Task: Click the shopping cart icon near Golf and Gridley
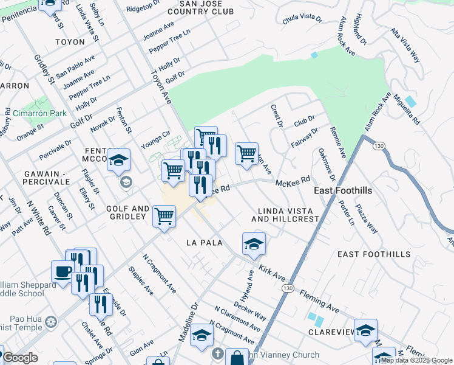tap(164, 215)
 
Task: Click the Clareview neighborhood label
tap(331, 333)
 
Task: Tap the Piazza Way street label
tap(367, 223)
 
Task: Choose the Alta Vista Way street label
tap(405, 44)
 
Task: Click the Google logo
tap(20, 358)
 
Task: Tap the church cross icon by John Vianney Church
tap(218, 353)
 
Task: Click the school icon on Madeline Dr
tap(202, 335)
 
